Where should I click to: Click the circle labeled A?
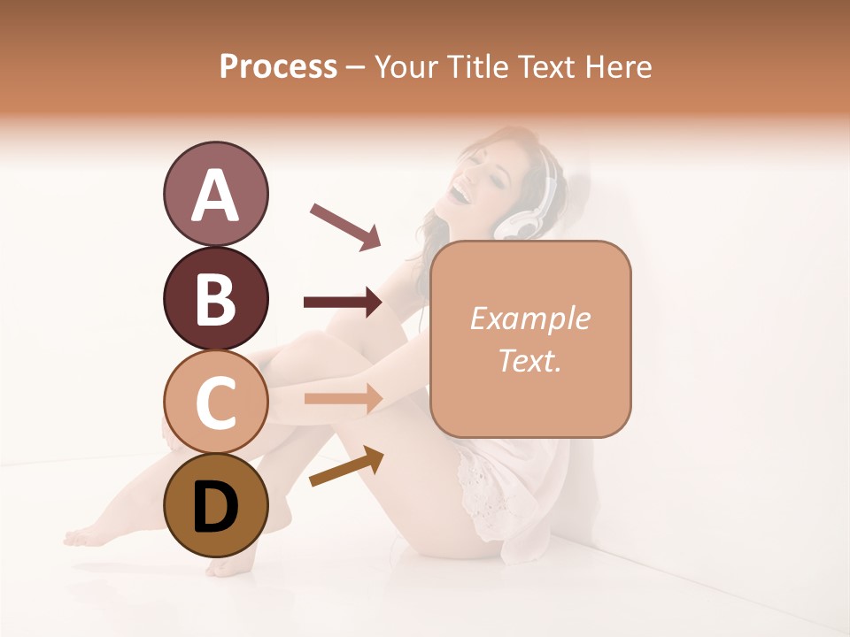(215, 194)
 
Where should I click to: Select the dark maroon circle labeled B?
(215, 298)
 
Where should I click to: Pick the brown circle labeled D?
(215, 505)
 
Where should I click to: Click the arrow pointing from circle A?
(344, 225)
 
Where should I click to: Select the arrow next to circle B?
(343, 303)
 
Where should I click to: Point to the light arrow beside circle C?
(343, 398)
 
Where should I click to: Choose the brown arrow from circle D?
(346, 466)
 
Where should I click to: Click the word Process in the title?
(278, 66)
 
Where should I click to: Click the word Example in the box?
(530, 318)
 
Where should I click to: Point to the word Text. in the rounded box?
(530, 360)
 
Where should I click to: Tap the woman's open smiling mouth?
(462, 188)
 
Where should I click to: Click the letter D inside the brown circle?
(215, 507)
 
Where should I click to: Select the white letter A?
(215, 196)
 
